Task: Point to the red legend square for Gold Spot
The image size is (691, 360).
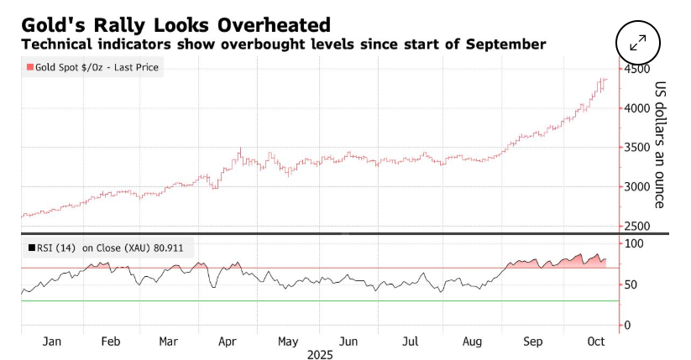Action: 30,67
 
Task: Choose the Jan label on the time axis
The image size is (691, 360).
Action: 52,342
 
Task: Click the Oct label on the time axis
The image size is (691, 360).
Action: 597,342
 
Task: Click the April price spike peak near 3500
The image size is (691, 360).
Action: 240,149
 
